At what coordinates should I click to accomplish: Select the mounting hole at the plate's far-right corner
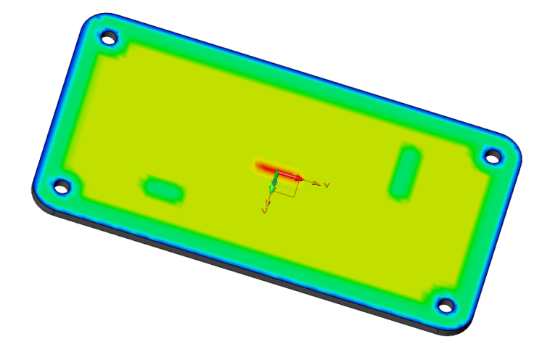tap(493, 155)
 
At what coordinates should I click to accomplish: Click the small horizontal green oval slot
tap(164, 189)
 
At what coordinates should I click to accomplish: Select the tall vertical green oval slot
tap(404, 171)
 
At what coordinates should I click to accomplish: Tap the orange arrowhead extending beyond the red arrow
tap(316, 183)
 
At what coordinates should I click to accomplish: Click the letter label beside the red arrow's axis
tap(327, 185)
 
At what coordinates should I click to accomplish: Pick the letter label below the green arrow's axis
tap(266, 213)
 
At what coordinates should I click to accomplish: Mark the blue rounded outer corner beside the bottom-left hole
tap(41, 189)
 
